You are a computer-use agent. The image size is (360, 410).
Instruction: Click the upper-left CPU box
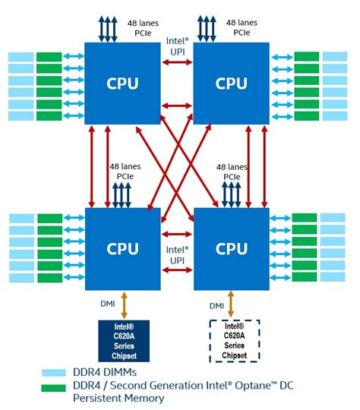[x=122, y=83]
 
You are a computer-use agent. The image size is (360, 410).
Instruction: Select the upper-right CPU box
[x=232, y=83]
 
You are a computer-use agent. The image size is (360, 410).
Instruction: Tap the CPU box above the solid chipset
[x=122, y=248]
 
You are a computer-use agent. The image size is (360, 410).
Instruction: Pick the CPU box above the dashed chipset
[x=232, y=248]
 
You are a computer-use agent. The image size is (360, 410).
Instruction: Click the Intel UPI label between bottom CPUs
[x=177, y=254]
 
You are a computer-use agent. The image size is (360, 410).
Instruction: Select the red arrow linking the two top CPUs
[x=177, y=62]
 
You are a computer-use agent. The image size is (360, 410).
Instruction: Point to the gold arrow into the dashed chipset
[x=231, y=304]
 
